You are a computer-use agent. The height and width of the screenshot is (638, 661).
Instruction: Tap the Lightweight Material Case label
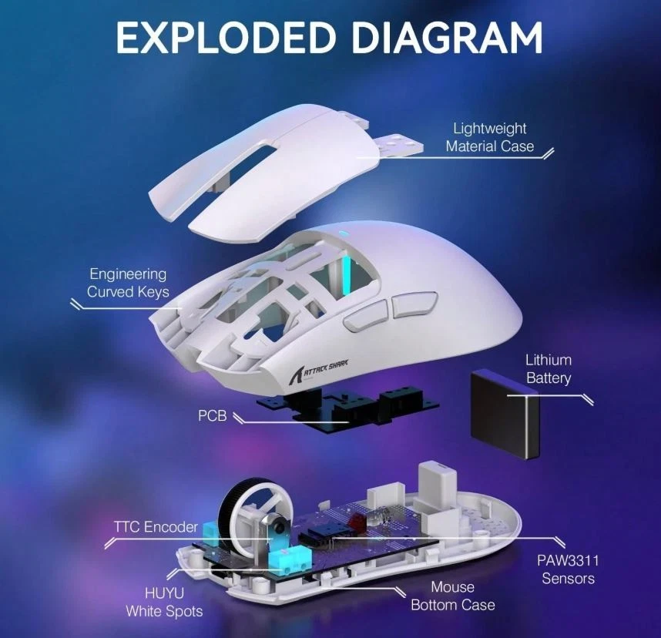[489, 137]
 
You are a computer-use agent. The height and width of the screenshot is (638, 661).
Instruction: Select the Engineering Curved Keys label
[128, 283]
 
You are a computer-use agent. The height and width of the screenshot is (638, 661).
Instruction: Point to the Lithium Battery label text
[548, 369]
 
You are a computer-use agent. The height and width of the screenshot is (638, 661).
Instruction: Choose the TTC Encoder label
[156, 527]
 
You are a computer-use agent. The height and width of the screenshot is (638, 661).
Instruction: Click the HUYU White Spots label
[164, 602]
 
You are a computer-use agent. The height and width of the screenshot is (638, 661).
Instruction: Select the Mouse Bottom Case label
[452, 596]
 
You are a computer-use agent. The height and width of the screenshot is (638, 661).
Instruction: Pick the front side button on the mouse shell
[364, 317]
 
